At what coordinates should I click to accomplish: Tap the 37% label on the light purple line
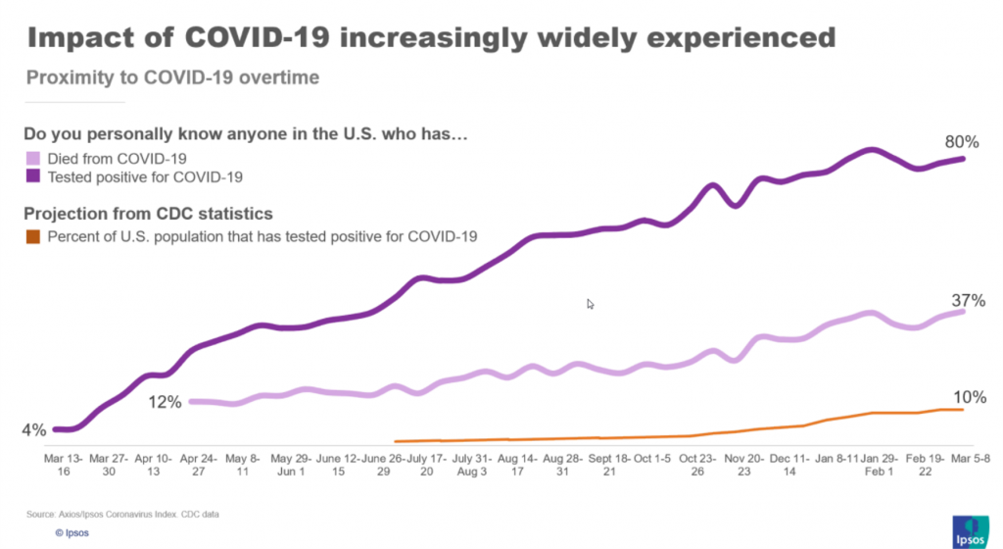pyautogui.click(x=968, y=300)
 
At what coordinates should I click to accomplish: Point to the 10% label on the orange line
pyautogui.click(x=969, y=397)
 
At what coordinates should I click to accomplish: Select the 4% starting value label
pyautogui.click(x=33, y=429)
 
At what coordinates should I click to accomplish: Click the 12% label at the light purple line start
pyautogui.click(x=166, y=402)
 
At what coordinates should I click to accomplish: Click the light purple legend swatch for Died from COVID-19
pyautogui.click(x=32, y=158)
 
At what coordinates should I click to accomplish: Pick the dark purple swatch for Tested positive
pyautogui.click(x=32, y=176)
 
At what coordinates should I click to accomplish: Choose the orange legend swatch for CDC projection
pyautogui.click(x=32, y=236)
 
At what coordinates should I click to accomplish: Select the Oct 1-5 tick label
pyautogui.click(x=653, y=458)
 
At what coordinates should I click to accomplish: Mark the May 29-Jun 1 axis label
pyautogui.click(x=291, y=465)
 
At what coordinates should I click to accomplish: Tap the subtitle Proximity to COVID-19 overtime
pyautogui.click(x=172, y=77)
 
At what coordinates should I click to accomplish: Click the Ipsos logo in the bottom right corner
pyautogui.click(x=968, y=529)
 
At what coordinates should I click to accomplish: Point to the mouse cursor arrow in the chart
pyautogui.click(x=591, y=304)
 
